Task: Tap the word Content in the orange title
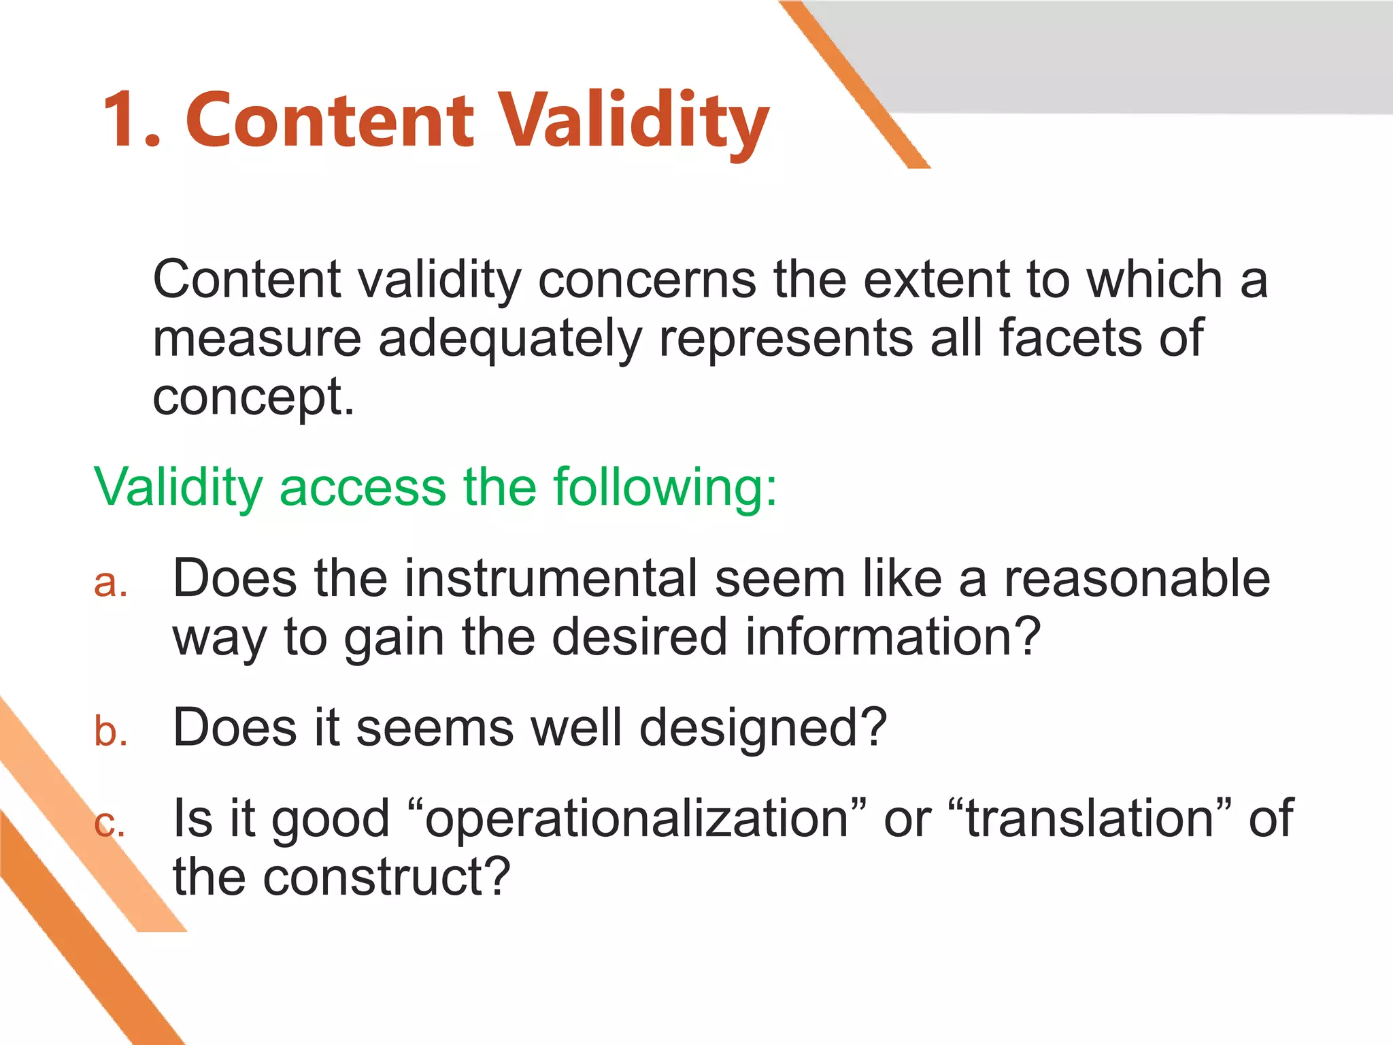pyautogui.click(x=329, y=120)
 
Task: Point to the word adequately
pyautogui.click(x=509, y=339)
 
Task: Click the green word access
pyautogui.click(x=362, y=487)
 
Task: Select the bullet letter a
pyautogui.click(x=111, y=584)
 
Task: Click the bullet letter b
pyautogui.click(x=111, y=731)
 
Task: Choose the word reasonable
pyautogui.click(x=1137, y=579)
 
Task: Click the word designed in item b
pyautogui.click(x=762, y=728)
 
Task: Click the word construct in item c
pyautogui.click(x=386, y=877)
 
